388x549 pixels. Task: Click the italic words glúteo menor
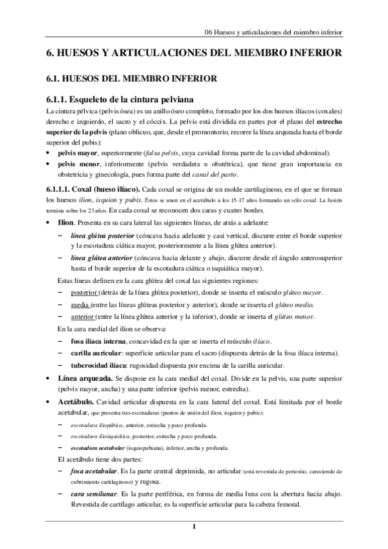(x=295, y=316)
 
